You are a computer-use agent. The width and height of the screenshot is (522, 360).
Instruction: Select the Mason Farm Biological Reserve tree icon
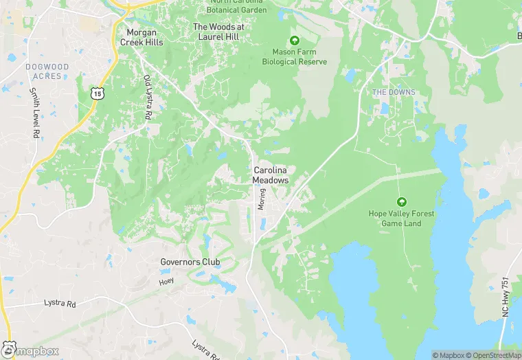[x=295, y=40]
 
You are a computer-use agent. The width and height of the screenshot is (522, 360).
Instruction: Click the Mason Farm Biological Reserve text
[x=295, y=56]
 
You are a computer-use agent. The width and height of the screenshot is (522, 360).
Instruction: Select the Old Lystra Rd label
[x=147, y=98]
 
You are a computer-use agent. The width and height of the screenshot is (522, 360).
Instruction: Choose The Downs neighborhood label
[x=394, y=92]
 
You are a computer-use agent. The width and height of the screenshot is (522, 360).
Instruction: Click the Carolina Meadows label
[x=271, y=175]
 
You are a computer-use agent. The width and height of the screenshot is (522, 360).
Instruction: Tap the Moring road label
[x=261, y=199]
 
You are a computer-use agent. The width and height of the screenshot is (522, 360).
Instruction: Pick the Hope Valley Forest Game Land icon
[x=401, y=202]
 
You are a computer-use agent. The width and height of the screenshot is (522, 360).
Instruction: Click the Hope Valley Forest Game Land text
[x=401, y=218]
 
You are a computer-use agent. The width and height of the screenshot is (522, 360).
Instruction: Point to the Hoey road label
[x=166, y=282]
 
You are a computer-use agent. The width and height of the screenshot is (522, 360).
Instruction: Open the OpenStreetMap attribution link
[x=492, y=355]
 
